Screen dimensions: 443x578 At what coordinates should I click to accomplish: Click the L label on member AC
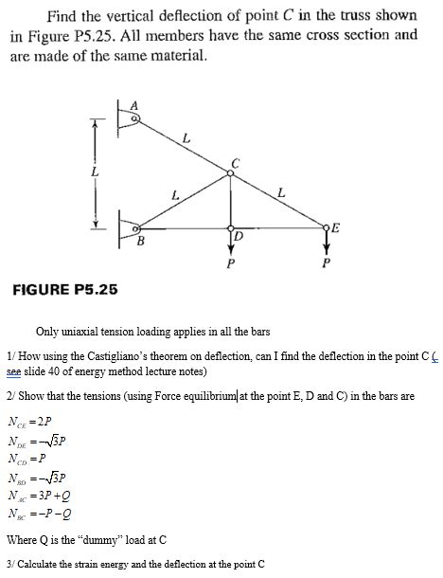click(x=186, y=139)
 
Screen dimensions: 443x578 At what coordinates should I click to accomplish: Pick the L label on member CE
click(x=281, y=193)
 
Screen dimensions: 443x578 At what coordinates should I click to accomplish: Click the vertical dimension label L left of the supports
click(x=92, y=172)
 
